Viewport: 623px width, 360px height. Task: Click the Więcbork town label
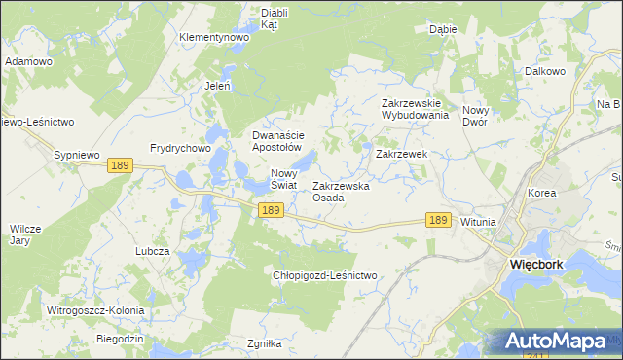point(541,264)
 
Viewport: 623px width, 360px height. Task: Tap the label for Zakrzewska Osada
point(341,192)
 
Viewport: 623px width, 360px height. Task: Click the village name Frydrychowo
point(180,148)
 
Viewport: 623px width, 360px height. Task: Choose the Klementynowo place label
point(214,37)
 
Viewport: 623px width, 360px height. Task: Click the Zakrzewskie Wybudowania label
point(415,108)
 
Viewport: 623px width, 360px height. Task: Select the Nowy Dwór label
point(481,117)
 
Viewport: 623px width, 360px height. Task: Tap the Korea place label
point(541,193)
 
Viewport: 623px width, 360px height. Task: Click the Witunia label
point(478,222)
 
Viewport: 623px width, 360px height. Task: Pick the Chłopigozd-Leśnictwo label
point(324,275)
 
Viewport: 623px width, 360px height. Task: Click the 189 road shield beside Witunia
point(438,221)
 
